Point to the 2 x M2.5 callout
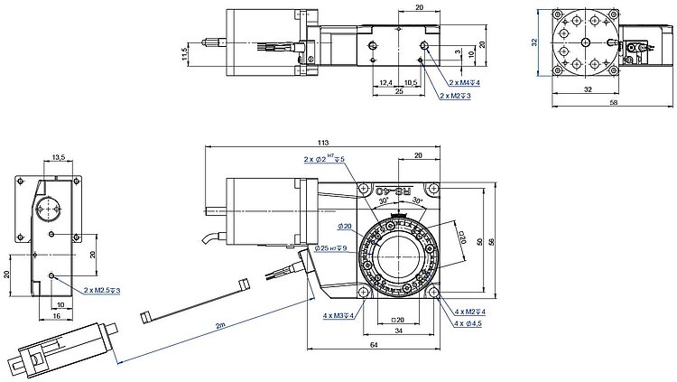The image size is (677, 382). pyautogui.click(x=102, y=291)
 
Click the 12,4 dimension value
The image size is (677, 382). pyautogui.click(x=385, y=83)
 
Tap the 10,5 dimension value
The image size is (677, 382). pyautogui.click(x=409, y=83)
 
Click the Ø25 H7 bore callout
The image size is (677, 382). pyautogui.click(x=331, y=248)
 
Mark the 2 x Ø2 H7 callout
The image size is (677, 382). pyautogui.click(x=324, y=160)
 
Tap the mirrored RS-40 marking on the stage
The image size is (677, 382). pyautogui.click(x=397, y=191)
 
